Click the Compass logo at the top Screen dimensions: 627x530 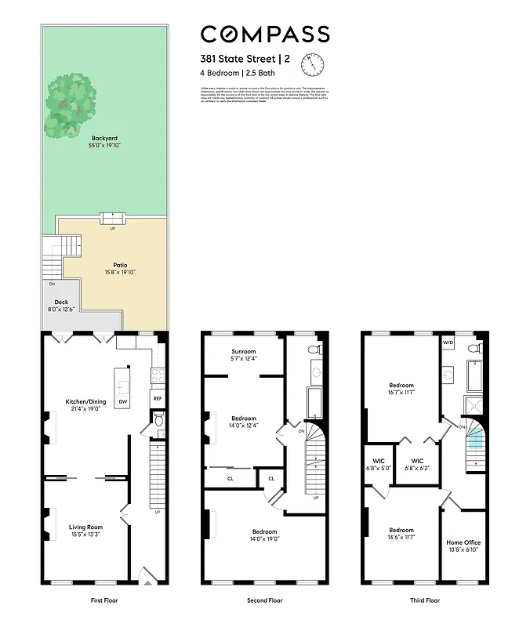pyautogui.click(x=264, y=34)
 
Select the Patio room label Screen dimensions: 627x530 pyautogui.click(x=119, y=266)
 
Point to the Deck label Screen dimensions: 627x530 pyautogui.click(x=60, y=302)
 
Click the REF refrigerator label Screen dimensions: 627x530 pyautogui.click(x=158, y=398)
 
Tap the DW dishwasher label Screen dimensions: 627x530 pyautogui.click(x=122, y=402)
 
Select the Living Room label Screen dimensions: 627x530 pyautogui.click(x=85, y=527)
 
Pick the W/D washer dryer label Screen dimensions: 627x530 pyautogui.click(x=448, y=342)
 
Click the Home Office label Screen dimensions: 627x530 pyautogui.click(x=463, y=542)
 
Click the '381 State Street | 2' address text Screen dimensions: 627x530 pyautogui.click(x=245, y=58)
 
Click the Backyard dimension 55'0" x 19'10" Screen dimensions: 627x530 pyautogui.click(x=104, y=145)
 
